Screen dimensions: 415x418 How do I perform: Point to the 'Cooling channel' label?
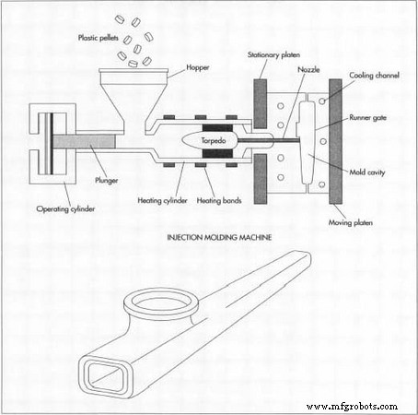(x=373, y=76)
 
